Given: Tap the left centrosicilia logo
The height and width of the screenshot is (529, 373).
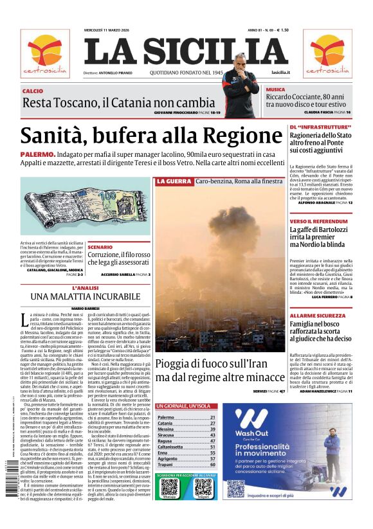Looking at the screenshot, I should coord(44,53).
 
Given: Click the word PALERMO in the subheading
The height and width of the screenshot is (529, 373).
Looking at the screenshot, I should coord(37,155).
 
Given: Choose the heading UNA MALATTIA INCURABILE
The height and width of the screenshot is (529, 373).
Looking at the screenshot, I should coord(85,296).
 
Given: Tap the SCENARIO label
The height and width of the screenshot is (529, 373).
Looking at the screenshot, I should coord(100,247).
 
